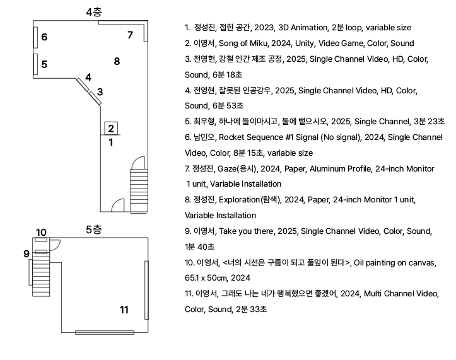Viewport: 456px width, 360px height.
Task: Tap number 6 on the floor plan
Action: [x=44, y=37]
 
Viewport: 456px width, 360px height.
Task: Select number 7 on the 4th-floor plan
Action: [x=130, y=35]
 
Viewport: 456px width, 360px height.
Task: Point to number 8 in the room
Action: [x=117, y=61]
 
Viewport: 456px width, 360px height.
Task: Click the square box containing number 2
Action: [x=110, y=129]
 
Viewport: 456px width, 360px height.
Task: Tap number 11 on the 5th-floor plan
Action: [x=124, y=309]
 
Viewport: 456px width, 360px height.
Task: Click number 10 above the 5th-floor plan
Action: [x=41, y=233]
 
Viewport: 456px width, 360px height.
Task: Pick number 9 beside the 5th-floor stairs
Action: [x=26, y=253]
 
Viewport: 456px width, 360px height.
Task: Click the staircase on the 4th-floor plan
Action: [x=139, y=184]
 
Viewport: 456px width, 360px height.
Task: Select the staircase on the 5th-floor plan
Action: [x=40, y=276]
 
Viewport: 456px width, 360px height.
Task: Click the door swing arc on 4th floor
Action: [x=117, y=206]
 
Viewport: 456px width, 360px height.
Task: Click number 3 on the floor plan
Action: [x=100, y=91]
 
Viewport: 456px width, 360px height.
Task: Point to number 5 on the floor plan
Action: [x=44, y=64]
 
